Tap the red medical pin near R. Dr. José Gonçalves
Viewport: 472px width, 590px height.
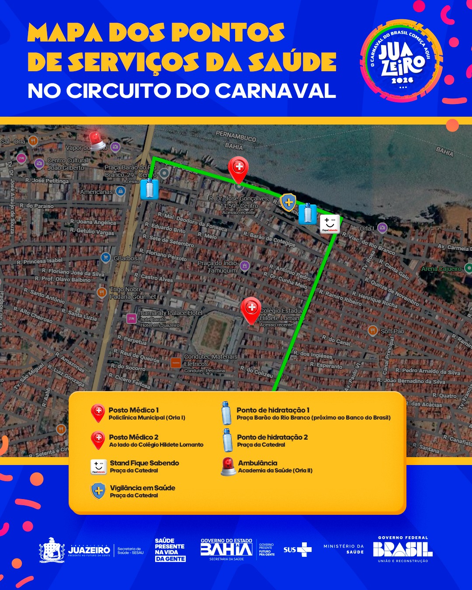click(239, 169)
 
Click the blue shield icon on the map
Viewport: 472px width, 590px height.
click(288, 202)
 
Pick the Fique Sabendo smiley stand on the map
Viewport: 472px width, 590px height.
click(330, 224)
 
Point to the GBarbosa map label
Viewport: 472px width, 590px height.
click(127, 258)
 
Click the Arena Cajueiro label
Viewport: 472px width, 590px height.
click(441, 269)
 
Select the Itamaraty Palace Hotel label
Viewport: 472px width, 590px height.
click(171, 313)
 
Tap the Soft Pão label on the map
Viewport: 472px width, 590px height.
click(392, 331)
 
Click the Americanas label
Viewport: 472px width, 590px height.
click(97, 192)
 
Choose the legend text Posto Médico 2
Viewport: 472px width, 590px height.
click(134, 437)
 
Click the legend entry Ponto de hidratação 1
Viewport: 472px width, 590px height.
click(273, 410)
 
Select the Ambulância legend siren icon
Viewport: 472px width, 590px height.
click(228, 466)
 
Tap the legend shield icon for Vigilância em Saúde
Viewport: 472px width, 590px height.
click(98, 491)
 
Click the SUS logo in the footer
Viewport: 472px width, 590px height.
click(297, 549)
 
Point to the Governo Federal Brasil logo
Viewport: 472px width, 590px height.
click(403, 549)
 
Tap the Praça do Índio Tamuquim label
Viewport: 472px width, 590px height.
click(217, 267)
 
